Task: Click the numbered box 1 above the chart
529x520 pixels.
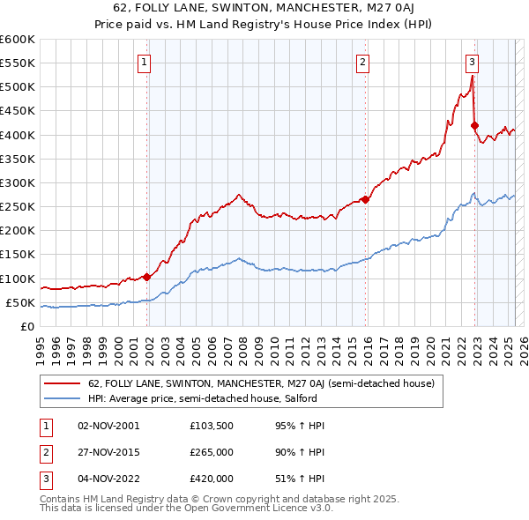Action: [x=144, y=62]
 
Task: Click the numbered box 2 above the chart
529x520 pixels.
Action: [x=362, y=62]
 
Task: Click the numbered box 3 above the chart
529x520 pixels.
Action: [x=472, y=62]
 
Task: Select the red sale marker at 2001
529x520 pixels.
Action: [x=147, y=277]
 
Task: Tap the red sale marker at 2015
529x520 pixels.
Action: [x=366, y=199]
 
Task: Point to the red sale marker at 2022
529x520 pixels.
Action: [x=474, y=125]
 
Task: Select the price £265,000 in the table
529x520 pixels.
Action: [x=211, y=452]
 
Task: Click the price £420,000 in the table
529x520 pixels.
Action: [x=211, y=479]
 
